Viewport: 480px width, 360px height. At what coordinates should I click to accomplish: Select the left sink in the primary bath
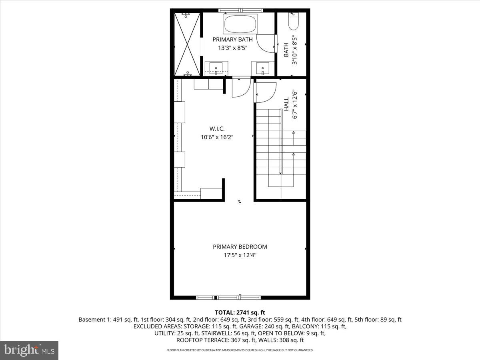pyautogui.click(x=216, y=68)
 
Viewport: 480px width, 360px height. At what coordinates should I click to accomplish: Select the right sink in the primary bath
pyautogui.click(x=263, y=68)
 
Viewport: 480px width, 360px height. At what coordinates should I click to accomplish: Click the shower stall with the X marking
pyautogui.click(x=187, y=44)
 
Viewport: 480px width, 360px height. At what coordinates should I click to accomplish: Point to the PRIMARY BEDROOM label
pyautogui.click(x=240, y=247)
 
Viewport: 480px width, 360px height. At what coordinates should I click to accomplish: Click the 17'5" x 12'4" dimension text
pyautogui.click(x=240, y=255)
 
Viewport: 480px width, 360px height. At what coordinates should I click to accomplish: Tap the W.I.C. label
pyautogui.click(x=217, y=129)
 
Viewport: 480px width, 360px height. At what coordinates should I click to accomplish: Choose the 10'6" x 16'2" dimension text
pyautogui.click(x=217, y=137)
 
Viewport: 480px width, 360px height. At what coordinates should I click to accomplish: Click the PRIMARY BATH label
pyautogui.click(x=232, y=39)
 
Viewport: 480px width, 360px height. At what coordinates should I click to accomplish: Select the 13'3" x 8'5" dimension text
pyautogui.click(x=232, y=48)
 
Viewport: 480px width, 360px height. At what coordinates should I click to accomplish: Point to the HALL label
pyautogui.click(x=286, y=104)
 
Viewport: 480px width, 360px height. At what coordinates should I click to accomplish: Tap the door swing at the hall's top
pyautogui.click(x=265, y=91)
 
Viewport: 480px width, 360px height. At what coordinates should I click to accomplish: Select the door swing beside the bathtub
pyautogui.click(x=266, y=44)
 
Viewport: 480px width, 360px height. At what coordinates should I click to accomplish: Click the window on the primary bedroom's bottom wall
pyautogui.click(x=228, y=297)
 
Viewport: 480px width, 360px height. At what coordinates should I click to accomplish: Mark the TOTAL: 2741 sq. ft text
pyautogui.click(x=240, y=312)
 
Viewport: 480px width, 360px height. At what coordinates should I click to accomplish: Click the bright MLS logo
pyautogui.click(x=29, y=350)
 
